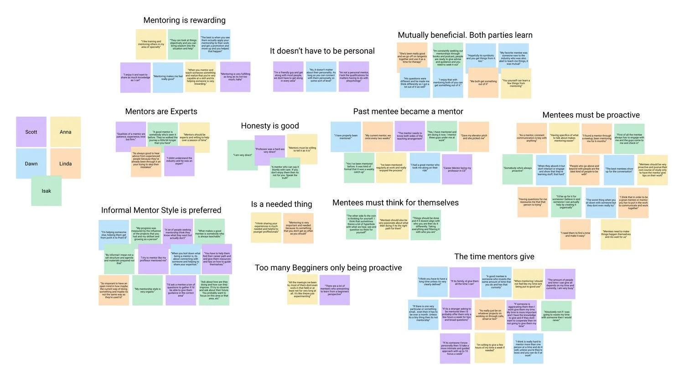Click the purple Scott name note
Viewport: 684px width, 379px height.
point(31,132)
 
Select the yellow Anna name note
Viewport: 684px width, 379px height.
point(65,132)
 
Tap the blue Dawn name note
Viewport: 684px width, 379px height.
point(31,164)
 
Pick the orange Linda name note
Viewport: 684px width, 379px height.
point(65,164)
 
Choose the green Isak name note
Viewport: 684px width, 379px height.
point(46,191)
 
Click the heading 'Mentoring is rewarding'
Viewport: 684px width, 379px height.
point(184,20)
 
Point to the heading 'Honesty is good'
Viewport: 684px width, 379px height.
point(270,126)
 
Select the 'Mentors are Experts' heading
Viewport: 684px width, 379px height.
point(161,112)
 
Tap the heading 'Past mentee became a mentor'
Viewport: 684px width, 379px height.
point(408,112)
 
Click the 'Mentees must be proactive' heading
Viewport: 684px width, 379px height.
point(591,115)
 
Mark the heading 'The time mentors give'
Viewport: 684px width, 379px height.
point(494,256)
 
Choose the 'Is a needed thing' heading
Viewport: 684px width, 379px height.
point(281,204)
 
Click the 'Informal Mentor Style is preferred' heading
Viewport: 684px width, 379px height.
point(161,210)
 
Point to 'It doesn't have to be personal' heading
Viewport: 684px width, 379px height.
point(322,51)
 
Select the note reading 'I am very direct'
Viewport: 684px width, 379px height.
point(243,155)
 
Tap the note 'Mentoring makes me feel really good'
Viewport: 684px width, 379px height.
point(168,78)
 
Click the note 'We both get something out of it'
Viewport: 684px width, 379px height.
point(483,82)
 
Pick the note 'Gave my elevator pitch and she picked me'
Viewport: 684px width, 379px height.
point(474,137)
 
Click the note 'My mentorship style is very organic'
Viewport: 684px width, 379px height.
point(147,290)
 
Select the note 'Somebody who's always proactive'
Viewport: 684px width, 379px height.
point(518,169)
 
